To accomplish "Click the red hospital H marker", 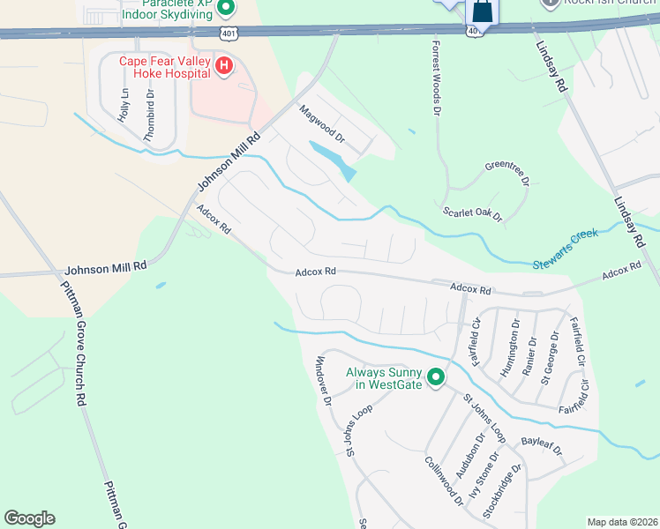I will (x=224, y=66).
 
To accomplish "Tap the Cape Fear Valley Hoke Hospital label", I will (x=166, y=67).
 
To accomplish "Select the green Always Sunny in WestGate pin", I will (x=435, y=378).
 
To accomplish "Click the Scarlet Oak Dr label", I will (x=472, y=212).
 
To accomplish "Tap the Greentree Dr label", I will (x=506, y=174).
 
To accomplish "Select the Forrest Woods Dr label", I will (x=436, y=78).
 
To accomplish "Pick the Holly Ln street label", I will (x=124, y=104).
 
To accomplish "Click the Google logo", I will (x=29, y=518).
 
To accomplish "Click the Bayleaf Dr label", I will (x=542, y=443).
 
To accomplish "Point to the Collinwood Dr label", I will (x=444, y=481).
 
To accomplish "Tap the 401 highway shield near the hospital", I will (x=229, y=34).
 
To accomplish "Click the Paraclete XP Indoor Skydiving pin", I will (x=225, y=8).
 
